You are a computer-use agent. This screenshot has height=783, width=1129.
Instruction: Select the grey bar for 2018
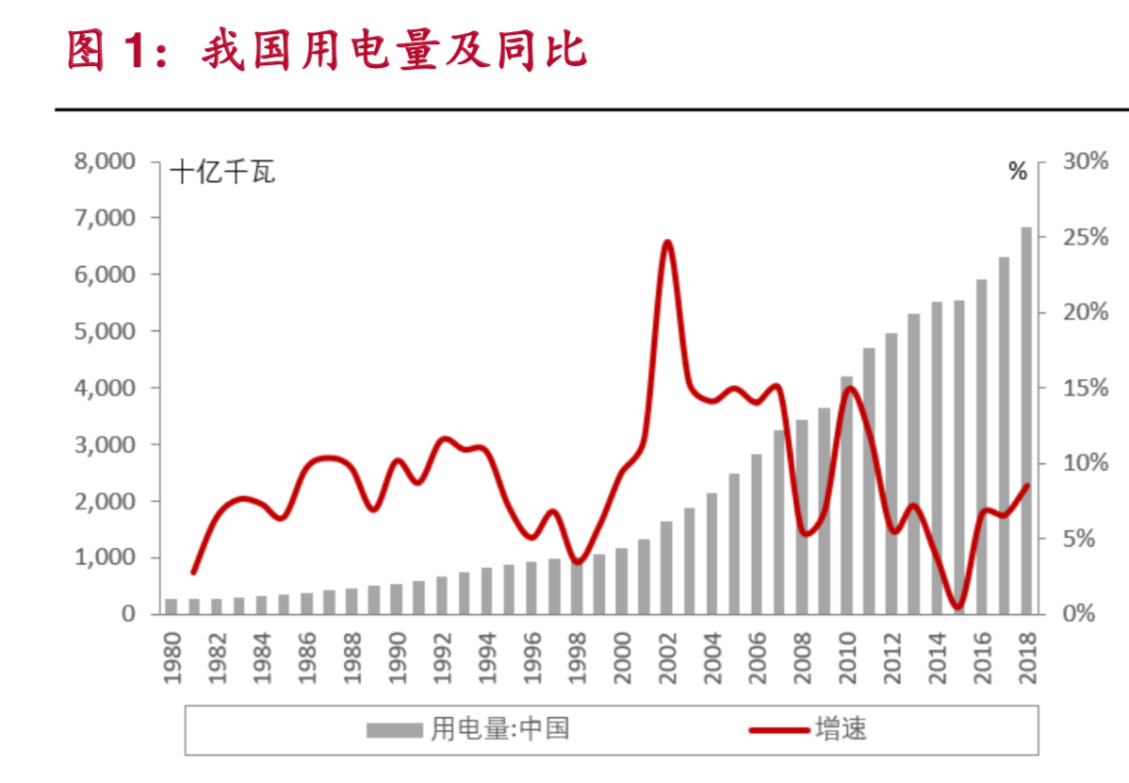tap(1026, 421)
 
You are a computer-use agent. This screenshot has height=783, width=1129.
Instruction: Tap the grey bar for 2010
tap(846, 495)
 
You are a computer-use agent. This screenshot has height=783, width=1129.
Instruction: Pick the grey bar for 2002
tap(666, 567)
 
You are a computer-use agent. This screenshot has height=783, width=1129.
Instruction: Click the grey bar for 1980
tap(172, 606)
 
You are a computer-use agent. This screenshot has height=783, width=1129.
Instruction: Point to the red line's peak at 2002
tap(667, 242)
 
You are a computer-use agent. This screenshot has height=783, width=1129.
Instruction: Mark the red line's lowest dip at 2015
tap(958, 607)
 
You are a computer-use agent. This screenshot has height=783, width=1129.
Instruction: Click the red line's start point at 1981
tap(194, 572)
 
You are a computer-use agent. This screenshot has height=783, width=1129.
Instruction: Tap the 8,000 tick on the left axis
tap(106, 161)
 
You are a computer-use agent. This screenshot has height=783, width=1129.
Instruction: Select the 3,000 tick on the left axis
tap(106, 444)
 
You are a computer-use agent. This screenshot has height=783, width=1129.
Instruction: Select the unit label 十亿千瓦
tap(222, 173)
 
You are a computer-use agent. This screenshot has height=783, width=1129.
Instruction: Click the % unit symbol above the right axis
tap(1017, 172)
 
